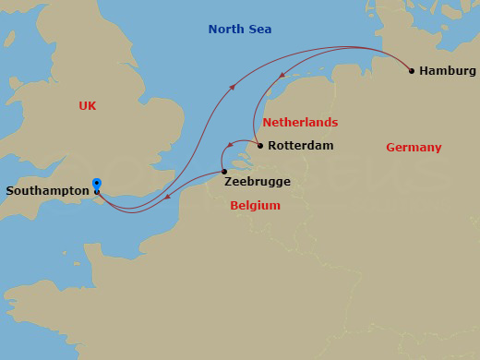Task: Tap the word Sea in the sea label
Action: (259, 30)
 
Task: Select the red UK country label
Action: (88, 106)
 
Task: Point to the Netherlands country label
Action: (300, 123)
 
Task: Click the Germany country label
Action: (414, 148)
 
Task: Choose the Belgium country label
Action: (255, 206)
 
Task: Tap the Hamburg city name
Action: (448, 71)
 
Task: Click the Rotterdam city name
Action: (300, 146)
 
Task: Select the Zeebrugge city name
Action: (257, 183)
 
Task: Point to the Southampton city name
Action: (47, 191)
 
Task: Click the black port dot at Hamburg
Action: (411, 70)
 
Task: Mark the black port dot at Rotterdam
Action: (260, 146)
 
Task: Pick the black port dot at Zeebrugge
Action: (224, 172)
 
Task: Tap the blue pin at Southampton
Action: (97, 185)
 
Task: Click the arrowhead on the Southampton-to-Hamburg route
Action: (232, 87)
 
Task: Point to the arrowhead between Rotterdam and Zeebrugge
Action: (229, 148)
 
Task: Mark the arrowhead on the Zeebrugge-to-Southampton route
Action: (167, 196)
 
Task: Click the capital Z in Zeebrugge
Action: (228, 183)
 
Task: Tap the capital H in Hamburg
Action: (424, 71)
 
